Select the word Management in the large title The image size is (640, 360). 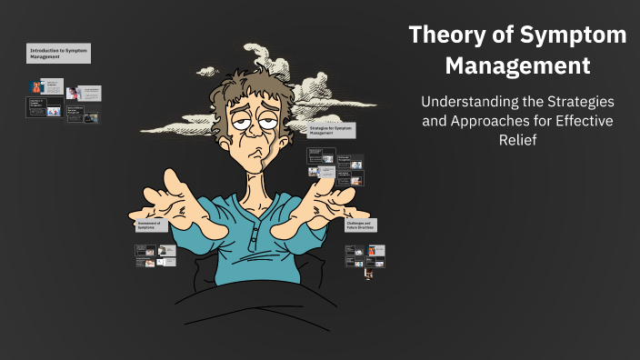click(x=517, y=66)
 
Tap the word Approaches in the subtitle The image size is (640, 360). click(x=487, y=123)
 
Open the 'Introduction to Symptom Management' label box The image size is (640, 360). click(x=58, y=52)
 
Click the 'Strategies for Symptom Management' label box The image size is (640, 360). click(x=331, y=130)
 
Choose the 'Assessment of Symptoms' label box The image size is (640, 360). click(x=151, y=225)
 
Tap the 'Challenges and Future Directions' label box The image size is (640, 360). click(x=361, y=225)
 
